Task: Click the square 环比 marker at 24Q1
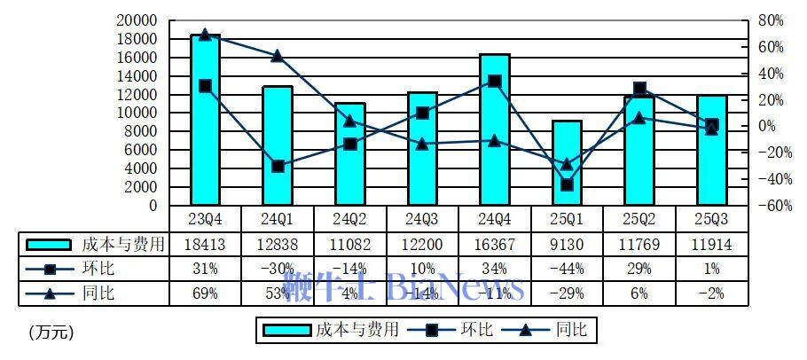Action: click(x=278, y=166)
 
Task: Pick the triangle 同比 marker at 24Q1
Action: click(x=278, y=56)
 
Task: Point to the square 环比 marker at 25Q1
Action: click(x=567, y=185)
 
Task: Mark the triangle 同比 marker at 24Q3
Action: click(x=422, y=144)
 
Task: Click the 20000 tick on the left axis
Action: click(x=138, y=20)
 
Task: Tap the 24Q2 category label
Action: click(x=349, y=218)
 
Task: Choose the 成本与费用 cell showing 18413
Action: click(x=205, y=244)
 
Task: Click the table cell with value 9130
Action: click(x=567, y=244)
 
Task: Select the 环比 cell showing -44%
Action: click(x=567, y=269)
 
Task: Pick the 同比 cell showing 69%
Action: click(x=205, y=293)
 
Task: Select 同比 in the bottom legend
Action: click(x=571, y=331)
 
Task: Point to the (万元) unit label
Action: click(x=51, y=333)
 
